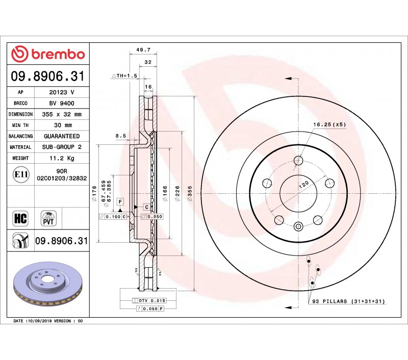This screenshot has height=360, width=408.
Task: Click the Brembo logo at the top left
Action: coord(48,54)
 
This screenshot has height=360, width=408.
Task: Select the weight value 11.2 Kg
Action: coord(62,158)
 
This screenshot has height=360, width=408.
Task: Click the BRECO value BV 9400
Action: coord(62,104)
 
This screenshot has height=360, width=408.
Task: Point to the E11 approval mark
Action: coord(21,174)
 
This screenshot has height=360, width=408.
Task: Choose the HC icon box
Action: coord(20,218)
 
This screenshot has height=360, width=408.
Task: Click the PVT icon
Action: coord(48,218)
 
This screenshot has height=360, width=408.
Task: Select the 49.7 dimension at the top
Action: coord(143,49)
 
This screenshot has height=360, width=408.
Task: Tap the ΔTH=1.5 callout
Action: coord(124,75)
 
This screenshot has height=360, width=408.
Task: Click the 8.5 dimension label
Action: coord(121,136)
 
